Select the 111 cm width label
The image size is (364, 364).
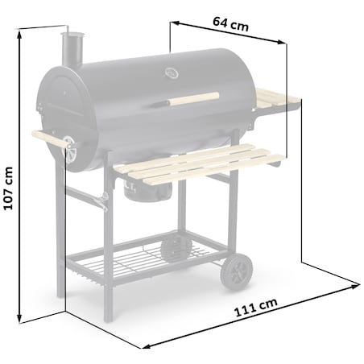257,307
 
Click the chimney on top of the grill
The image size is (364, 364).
72,51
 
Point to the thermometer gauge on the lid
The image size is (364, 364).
171,75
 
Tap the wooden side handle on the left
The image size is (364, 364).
47,139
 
